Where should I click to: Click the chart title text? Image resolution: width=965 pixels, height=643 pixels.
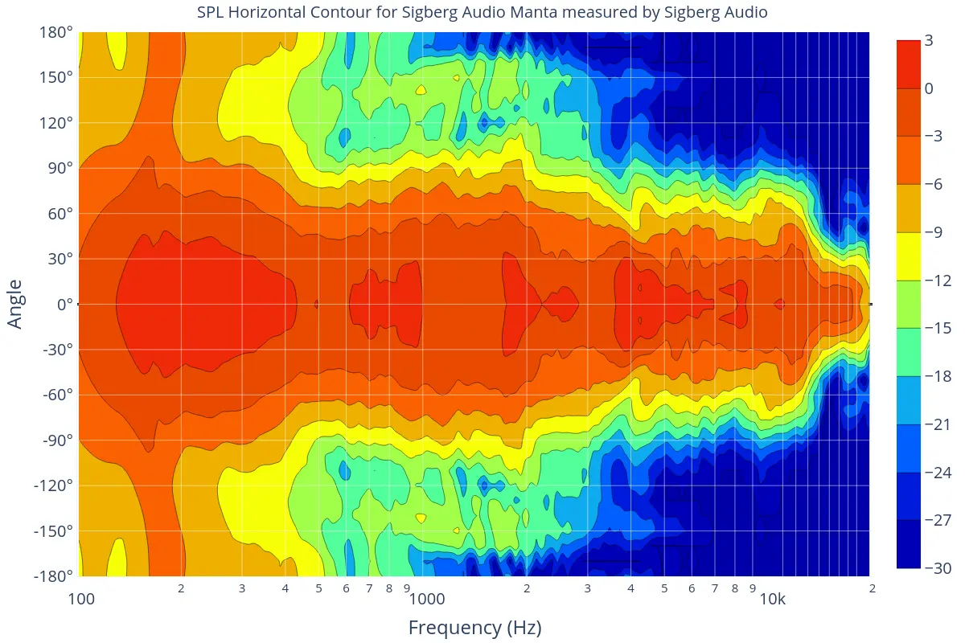pyautogui.click(x=482, y=12)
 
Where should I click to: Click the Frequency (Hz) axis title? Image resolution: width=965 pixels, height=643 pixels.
pyautogui.click(x=474, y=628)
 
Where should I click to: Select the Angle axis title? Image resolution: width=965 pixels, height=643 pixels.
pyautogui.click(x=15, y=304)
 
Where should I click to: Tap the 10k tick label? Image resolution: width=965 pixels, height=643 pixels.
pyautogui.click(x=773, y=599)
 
